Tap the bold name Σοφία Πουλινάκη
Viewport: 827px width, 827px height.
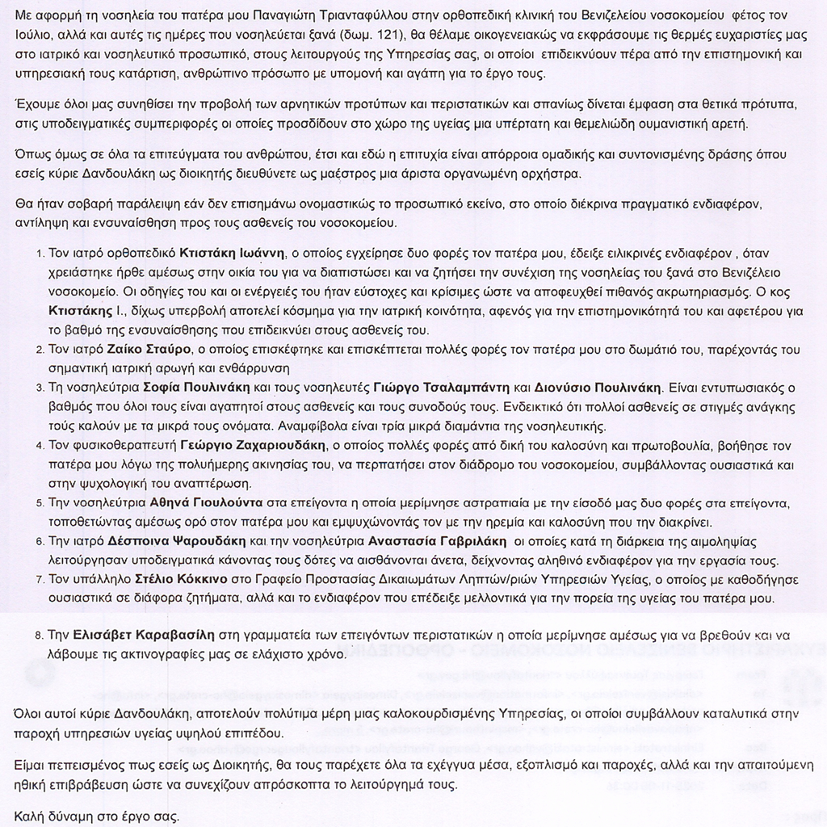click(x=190, y=386)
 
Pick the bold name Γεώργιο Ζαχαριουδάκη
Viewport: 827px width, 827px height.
click(x=253, y=445)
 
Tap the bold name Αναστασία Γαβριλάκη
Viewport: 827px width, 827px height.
click(x=437, y=540)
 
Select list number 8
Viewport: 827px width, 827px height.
click(x=40, y=636)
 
